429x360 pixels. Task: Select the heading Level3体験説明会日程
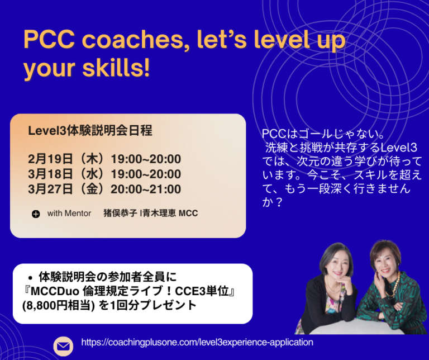pos(90,131)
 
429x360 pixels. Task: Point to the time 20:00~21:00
pos(146,190)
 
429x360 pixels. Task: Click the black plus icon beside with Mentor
pos(36,214)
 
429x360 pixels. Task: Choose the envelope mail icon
pos(63,346)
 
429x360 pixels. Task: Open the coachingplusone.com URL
pos(197,342)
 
